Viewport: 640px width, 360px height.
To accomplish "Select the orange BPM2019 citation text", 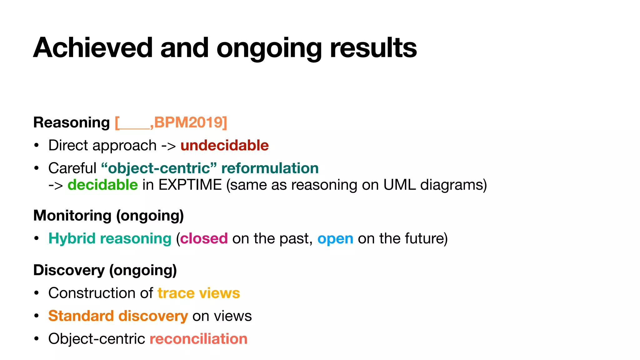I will [190, 122].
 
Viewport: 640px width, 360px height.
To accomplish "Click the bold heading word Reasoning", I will [72, 122].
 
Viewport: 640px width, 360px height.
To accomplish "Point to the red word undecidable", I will [224, 145].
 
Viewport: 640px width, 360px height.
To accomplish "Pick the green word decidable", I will [102, 185].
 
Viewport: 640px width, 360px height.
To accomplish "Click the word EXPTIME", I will [190, 185].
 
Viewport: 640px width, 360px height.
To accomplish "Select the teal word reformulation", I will [270, 168].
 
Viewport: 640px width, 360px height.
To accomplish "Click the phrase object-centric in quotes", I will [159, 168].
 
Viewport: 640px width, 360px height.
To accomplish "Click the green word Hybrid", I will [72, 238].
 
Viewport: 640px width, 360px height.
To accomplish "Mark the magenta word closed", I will [204, 238].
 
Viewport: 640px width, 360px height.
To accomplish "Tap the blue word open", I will [335, 238].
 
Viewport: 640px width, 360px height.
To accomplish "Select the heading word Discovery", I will [69, 270].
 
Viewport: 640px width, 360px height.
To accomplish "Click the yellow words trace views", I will [199, 293].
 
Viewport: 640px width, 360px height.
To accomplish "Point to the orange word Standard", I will [81, 316].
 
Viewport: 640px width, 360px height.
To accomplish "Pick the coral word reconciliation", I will [198, 339].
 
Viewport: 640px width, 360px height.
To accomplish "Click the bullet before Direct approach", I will [37, 146].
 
